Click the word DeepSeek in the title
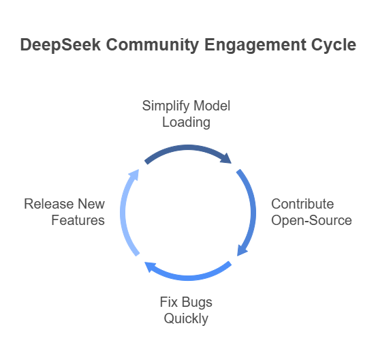tap(60, 45)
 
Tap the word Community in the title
tap(153, 45)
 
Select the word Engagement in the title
tap(255, 45)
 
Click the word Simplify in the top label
tap(166, 106)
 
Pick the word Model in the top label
tap(212, 106)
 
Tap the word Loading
tap(187, 123)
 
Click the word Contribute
tap(302, 204)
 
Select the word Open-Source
tap(311, 220)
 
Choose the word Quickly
tap(186, 319)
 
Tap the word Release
tap(49, 204)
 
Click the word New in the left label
tap(91, 204)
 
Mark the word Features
tap(78, 220)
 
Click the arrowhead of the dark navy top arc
tap(227, 159)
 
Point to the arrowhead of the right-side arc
tap(242, 250)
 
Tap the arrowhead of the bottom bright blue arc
tap(151, 267)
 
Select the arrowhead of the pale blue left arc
tap(134, 175)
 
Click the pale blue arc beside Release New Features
tap(123, 213)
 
